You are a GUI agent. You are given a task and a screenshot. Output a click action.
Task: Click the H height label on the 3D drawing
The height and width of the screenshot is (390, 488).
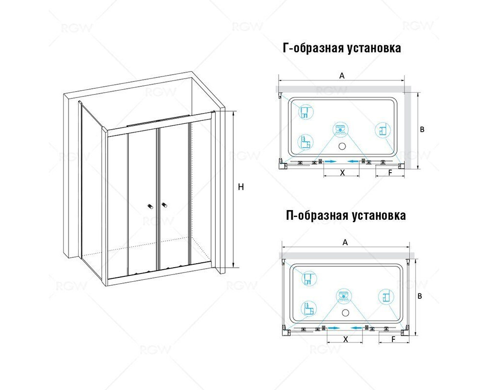[241, 187]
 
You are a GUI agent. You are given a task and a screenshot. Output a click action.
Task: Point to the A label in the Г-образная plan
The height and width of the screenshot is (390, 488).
[342, 76]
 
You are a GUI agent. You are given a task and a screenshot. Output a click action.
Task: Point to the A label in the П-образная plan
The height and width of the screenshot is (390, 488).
[345, 242]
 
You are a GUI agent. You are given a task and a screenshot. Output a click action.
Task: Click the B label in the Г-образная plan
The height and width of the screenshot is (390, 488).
[422, 129]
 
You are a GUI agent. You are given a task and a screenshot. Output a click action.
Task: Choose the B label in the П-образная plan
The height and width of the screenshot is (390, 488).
[420, 296]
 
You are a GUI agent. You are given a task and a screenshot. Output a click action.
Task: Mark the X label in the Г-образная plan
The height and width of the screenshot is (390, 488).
[343, 173]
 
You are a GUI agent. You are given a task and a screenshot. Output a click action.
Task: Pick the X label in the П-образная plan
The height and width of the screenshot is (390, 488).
[345, 339]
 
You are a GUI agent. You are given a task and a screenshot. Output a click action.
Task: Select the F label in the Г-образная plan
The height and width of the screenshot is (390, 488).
[390, 173]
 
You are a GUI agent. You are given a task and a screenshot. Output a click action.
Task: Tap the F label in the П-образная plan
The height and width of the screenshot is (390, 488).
[393, 339]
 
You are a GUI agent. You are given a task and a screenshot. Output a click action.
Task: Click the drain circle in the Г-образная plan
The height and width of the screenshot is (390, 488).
[342, 146]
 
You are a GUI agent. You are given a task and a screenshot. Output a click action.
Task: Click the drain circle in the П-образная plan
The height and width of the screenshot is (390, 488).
[345, 312]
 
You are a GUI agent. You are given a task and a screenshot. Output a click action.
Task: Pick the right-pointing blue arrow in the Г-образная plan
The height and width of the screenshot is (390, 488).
[330, 161]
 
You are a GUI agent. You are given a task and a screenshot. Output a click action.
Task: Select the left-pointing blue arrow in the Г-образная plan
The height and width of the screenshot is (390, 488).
[353, 161]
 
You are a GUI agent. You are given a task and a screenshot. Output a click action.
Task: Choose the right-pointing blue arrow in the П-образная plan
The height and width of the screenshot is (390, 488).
[333, 328]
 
